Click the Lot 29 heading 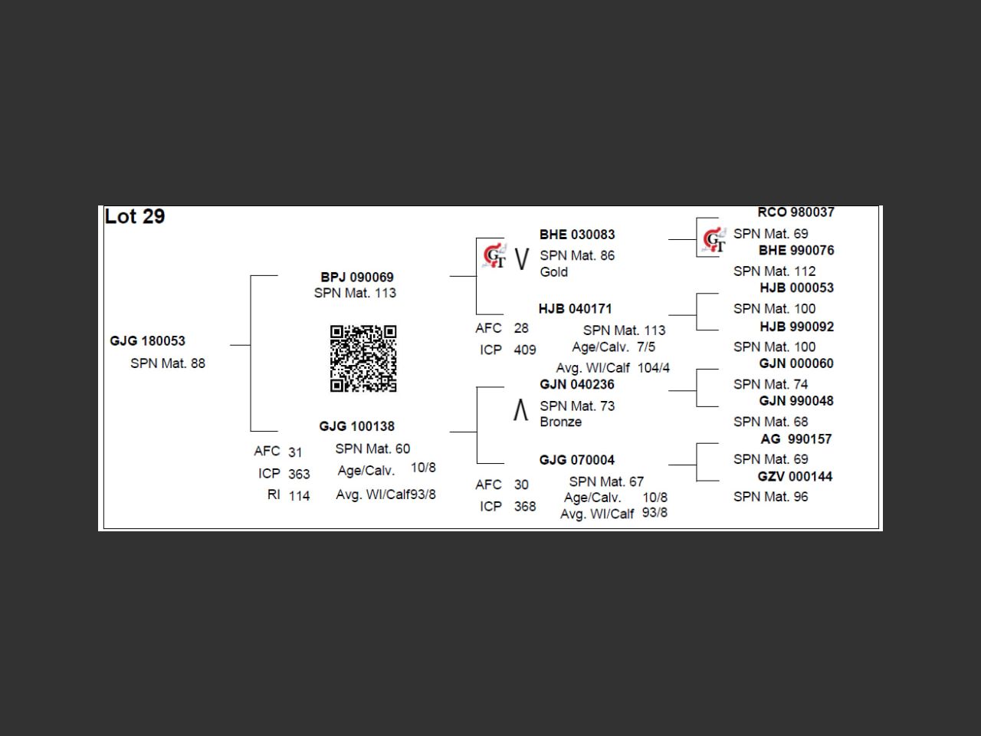coord(135,217)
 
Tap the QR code coord(363,358)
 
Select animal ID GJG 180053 coord(148,341)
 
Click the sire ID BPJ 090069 coord(357,277)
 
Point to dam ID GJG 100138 coord(357,426)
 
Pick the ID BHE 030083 coord(577,235)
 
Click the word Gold coord(554,272)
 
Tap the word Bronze coord(561,422)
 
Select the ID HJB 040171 coord(576,309)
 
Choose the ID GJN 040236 coord(577,385)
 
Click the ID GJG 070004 coord(577,460)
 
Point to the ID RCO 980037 coord(796,212)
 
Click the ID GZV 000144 coord(796,477)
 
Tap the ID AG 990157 coord(796,439)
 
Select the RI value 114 coord(300,496)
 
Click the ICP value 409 coord(525,350)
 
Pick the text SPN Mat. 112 coord(775,271)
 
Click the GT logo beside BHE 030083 coord(494,256)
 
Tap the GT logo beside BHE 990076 coord(714,241)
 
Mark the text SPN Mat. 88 coord(168,363)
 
